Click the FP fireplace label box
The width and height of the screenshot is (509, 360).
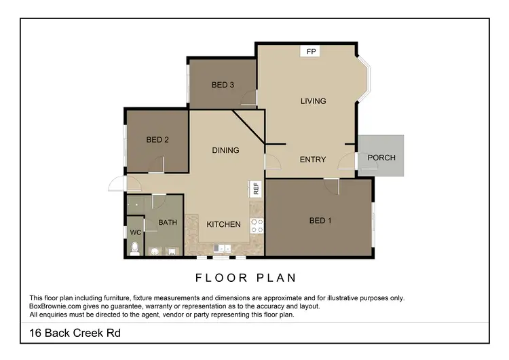click(x=311, y=51)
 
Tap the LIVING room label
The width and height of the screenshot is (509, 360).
click(x=313, y=101)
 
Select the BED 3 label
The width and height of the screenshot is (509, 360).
click(x=223, y=85)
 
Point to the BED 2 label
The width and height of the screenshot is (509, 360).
click(x=157, y=140)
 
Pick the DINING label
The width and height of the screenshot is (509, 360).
click(x=225, y=150)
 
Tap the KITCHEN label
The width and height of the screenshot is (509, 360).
click(x=223, y=224)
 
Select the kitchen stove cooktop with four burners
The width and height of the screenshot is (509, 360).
click(x=257, y=226)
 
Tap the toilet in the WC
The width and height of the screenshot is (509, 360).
click(x=134, y=249)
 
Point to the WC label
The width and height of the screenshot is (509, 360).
click(x=135, y=232)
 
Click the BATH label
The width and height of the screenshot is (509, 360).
click(x=168, y=222)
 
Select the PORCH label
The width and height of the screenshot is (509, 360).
click(x=381, y=158)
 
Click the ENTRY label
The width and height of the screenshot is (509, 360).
click(x=313, y=160)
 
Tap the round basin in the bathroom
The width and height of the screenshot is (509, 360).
click(x=155, y=251)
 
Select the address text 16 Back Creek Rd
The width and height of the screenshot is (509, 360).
click(x=75, y=333)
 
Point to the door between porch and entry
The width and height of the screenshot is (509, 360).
click(x=352, y=161)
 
